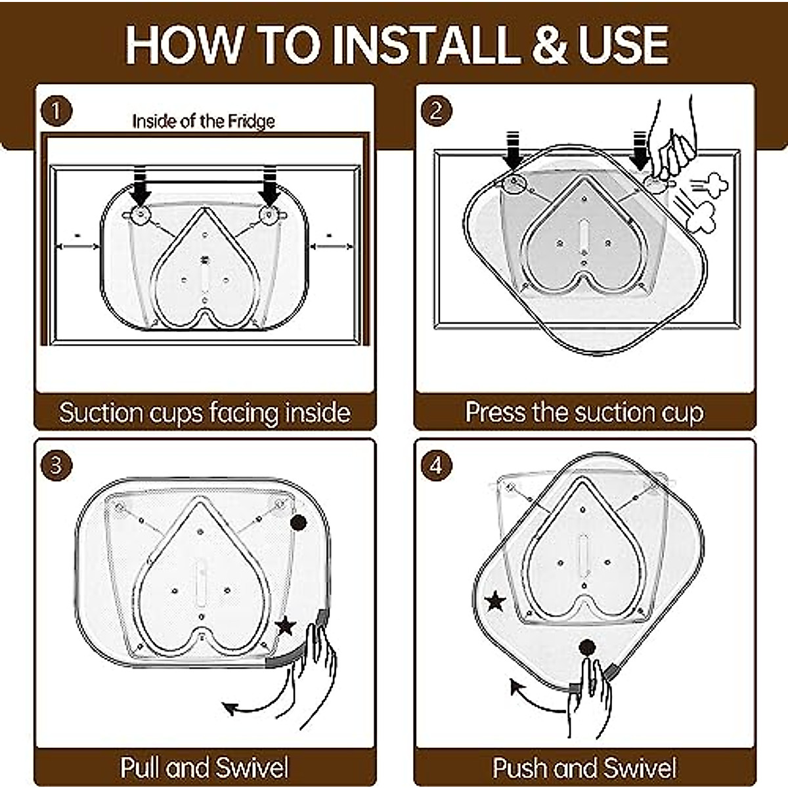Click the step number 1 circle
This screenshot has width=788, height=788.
tap(56, 111)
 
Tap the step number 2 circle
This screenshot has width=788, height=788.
tap(436, 110)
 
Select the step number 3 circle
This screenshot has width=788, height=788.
tap(56, 466)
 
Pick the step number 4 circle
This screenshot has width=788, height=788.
tap(436, 466)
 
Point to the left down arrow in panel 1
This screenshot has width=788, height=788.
tap(140, 185)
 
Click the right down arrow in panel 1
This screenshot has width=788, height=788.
tap(269, 185)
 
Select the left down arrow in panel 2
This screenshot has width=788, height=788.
tap(513, 150)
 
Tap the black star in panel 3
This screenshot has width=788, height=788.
tap(286, 626)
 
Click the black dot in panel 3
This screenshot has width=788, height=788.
tap(298, 522)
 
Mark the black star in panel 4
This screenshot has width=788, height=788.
tap(495, 601)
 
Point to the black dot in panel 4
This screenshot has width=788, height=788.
tap(587, 647)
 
